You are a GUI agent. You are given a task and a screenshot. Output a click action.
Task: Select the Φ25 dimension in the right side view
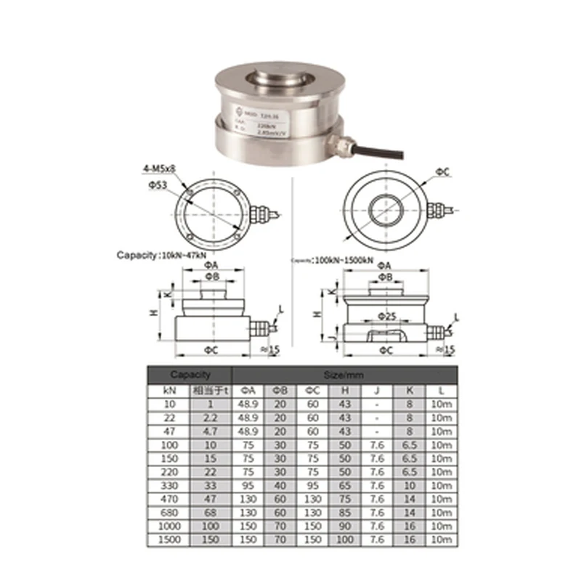pos(386,317)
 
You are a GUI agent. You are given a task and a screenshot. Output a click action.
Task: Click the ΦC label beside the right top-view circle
pos(442,171)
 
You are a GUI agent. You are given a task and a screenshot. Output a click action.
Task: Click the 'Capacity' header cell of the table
pos(190,375)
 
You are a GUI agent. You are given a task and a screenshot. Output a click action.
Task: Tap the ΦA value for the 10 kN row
pos(250,403)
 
